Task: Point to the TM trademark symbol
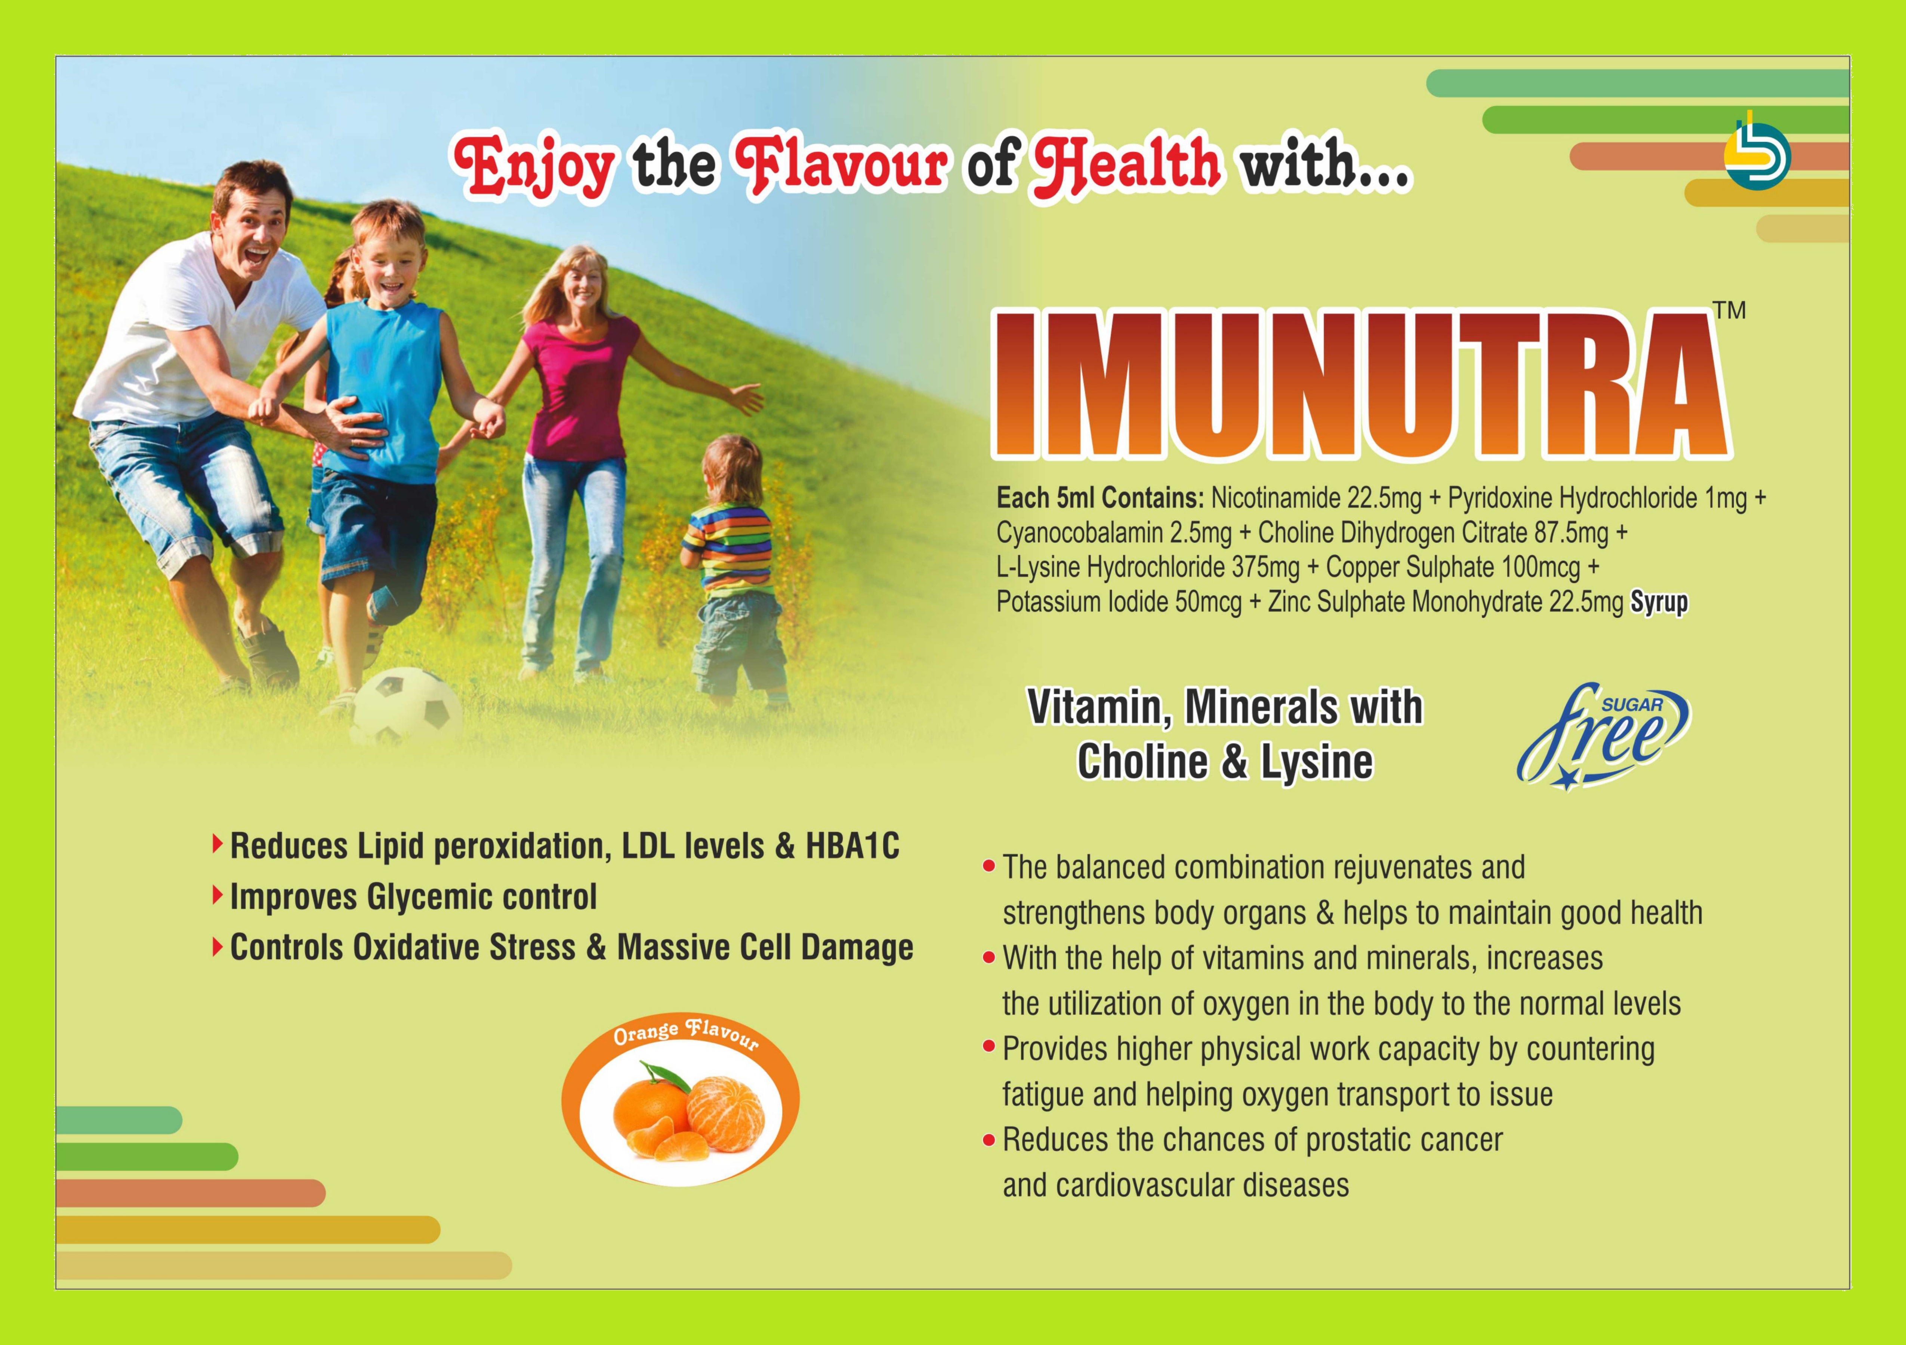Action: [1730, 310]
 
